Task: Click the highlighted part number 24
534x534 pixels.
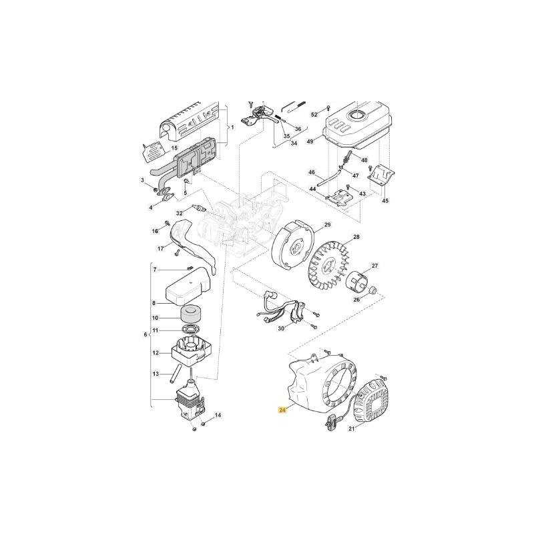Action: tap(282, 410)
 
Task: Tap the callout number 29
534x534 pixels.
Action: tap(327, 224)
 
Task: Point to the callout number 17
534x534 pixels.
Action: tap(160, 248)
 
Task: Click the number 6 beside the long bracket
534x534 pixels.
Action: tap(146, 334)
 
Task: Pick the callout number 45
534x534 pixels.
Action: tap(385, 201)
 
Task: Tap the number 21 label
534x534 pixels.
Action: tap(352, 429)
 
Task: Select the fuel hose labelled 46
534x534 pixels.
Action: tap(330, 178)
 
